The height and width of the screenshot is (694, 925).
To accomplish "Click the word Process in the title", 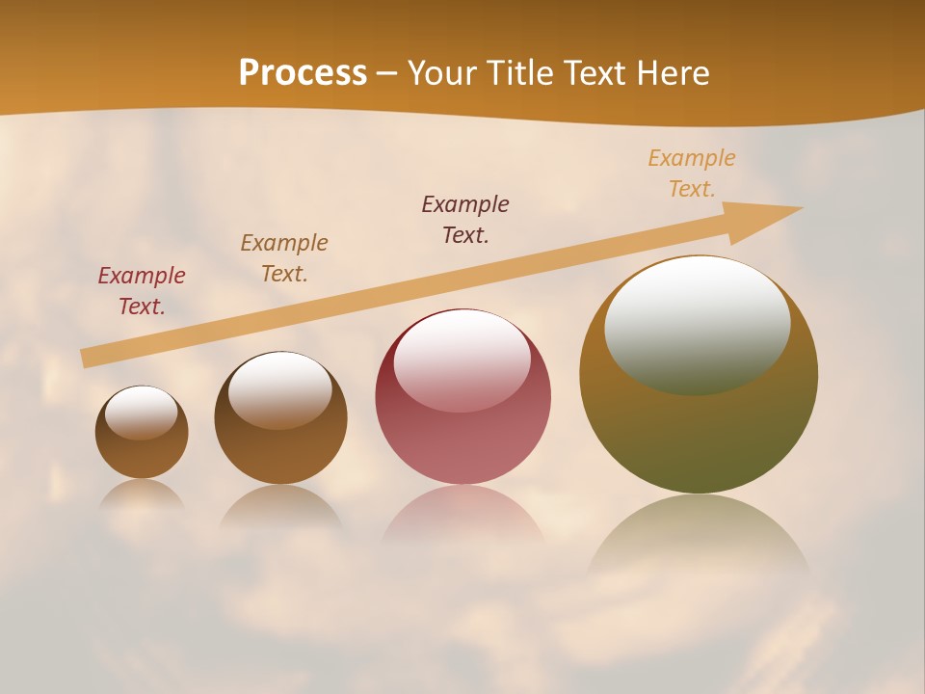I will point(303,73).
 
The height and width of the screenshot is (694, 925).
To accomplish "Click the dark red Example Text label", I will point(142,291).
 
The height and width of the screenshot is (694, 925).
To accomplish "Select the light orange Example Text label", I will point(692,173).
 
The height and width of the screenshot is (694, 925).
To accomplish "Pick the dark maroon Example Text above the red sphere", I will point(465,220).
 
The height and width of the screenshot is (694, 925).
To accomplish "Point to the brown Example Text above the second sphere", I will point(284,258).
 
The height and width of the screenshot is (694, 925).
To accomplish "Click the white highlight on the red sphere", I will point(462,359).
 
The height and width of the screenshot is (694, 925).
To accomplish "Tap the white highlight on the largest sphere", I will point(698,323).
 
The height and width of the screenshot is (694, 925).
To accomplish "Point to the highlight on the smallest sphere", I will point(142,412).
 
